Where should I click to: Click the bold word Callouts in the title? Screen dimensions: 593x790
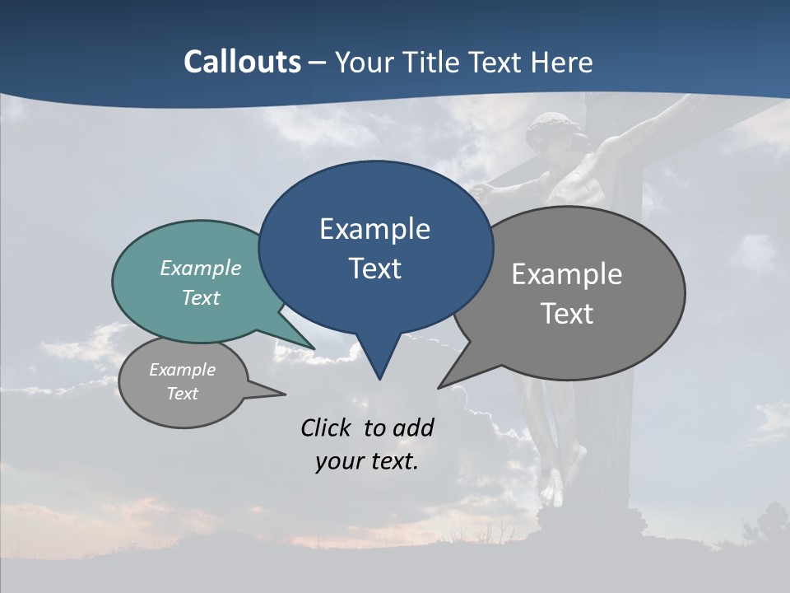(242, 62)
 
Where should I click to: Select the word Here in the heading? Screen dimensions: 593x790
(562, 62)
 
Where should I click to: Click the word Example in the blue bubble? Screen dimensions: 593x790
(374, 229)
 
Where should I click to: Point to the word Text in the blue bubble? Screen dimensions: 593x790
(374, 268)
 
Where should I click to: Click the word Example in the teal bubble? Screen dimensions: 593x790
(201, 268)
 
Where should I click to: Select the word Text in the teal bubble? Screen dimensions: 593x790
(201, 297)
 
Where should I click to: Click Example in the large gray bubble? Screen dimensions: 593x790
(567, 274)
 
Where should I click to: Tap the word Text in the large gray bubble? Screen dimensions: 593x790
(567, 314)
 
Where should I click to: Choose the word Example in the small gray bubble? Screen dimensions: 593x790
(183, 370)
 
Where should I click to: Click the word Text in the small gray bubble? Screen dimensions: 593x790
(183, 394)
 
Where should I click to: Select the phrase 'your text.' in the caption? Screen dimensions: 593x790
(367, 461)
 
